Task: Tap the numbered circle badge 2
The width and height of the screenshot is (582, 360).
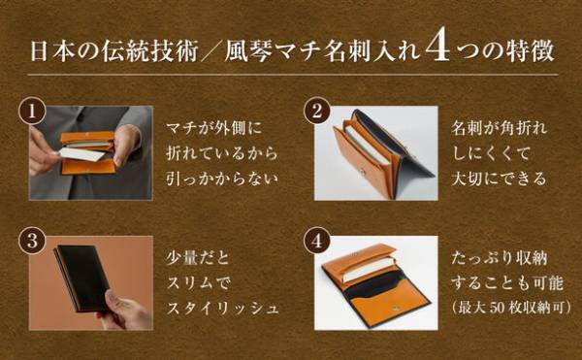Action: tap(316, 110)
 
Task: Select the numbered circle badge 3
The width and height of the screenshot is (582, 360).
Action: tap(34, 238)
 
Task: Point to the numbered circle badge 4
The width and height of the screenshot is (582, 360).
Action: tap(316, 238)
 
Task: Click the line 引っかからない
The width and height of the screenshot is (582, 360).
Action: tap(222, 179)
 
